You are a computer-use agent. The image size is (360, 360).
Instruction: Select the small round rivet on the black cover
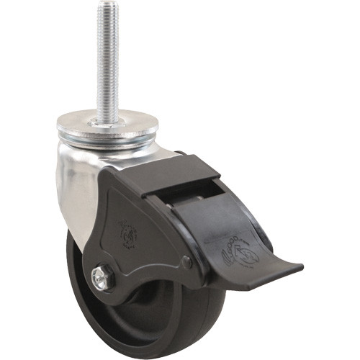pos(188,264)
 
